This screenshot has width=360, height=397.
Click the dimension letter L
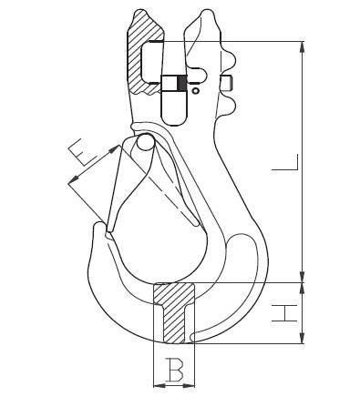285,162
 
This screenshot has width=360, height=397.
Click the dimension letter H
284,313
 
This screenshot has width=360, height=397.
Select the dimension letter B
174,370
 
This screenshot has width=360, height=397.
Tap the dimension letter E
82,153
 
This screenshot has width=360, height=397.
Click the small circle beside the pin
196,90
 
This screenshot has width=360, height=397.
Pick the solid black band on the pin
181,83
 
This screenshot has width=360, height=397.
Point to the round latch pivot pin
146,142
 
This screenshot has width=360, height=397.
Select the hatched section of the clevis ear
143,52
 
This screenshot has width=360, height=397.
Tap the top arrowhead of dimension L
302,47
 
